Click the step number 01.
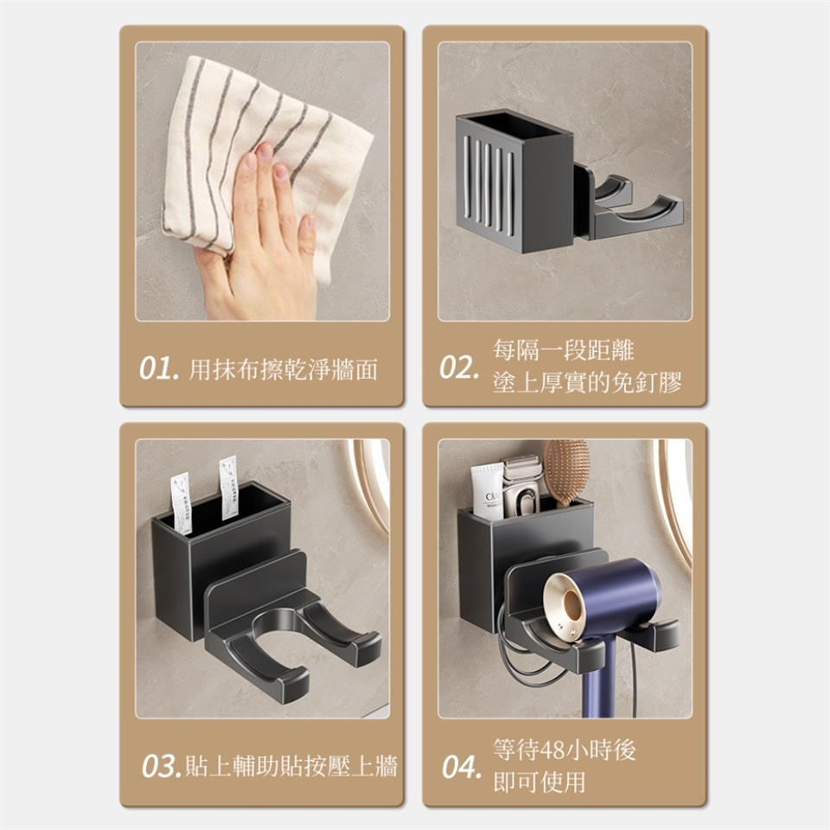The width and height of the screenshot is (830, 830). coord(158,368)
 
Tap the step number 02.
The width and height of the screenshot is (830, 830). coord(459,367)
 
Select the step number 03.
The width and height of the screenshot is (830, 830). coord(162,766)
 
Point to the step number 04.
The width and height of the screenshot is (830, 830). coord(462,767)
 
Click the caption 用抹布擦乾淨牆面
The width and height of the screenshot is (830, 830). coord(284,369)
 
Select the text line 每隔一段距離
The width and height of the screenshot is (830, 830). coord(563,350)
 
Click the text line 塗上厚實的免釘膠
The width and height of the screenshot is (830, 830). coord(587,382)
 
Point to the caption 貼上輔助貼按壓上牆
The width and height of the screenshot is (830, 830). coord(291,766)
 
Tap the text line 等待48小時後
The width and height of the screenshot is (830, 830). coord(565,750)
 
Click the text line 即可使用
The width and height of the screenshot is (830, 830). coord(539,782)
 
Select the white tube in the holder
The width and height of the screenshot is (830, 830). coord(488,491)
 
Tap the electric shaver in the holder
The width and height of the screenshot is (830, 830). coord(521,487)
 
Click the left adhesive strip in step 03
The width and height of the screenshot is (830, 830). coord(181,504)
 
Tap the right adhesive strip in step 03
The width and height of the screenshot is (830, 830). coord(228,487)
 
